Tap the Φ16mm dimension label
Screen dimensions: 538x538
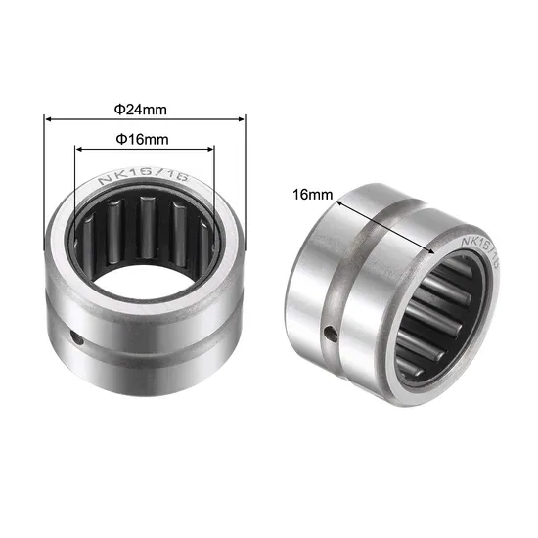click(144, 139)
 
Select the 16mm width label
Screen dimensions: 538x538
click(312, 195)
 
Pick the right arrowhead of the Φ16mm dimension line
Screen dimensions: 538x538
click(210, 150)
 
